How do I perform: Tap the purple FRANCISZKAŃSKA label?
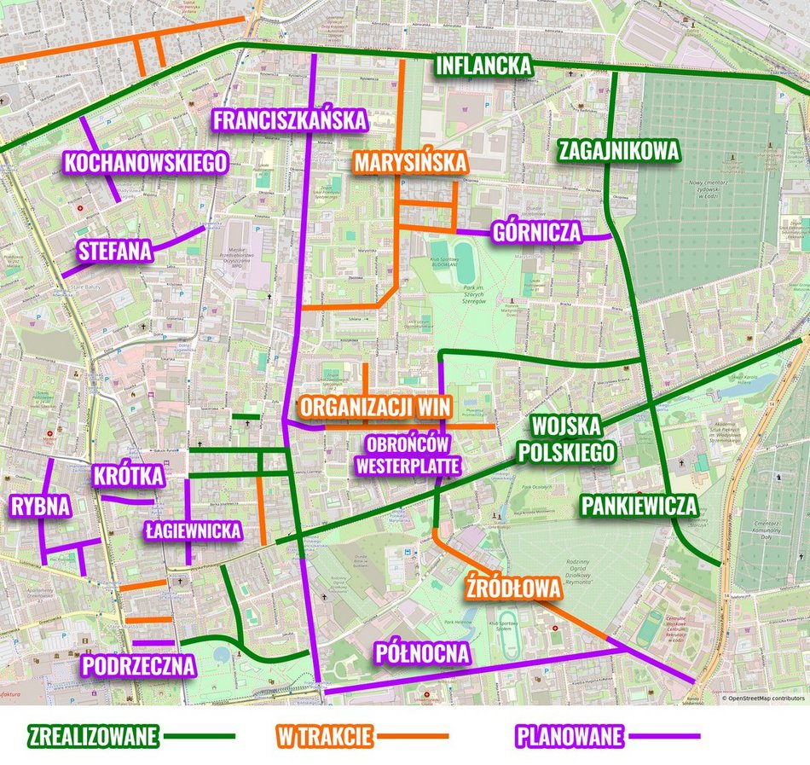(x=290, y=120)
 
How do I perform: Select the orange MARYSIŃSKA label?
(x=411, y=162)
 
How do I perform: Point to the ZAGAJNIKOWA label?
(x=619, y=151)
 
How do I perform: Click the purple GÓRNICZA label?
(x=536, y=231)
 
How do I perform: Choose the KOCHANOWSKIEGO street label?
(x=146, y=162)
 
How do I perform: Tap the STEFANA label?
(x=114, y=251)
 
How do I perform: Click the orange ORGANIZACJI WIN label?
(x=375, y=407)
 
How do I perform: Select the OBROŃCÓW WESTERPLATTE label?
(x=408, y=455)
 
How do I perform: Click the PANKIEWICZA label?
(x=639, y=505)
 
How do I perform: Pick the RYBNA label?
(x=40, y=507)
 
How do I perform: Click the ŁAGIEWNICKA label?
(x=192, y=530)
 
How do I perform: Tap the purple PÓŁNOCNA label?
(x=423, y=653)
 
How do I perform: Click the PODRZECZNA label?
(x=138, y=665)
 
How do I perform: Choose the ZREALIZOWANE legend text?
(x=94, y=735)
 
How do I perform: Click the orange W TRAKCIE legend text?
(x=323, y=735)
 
